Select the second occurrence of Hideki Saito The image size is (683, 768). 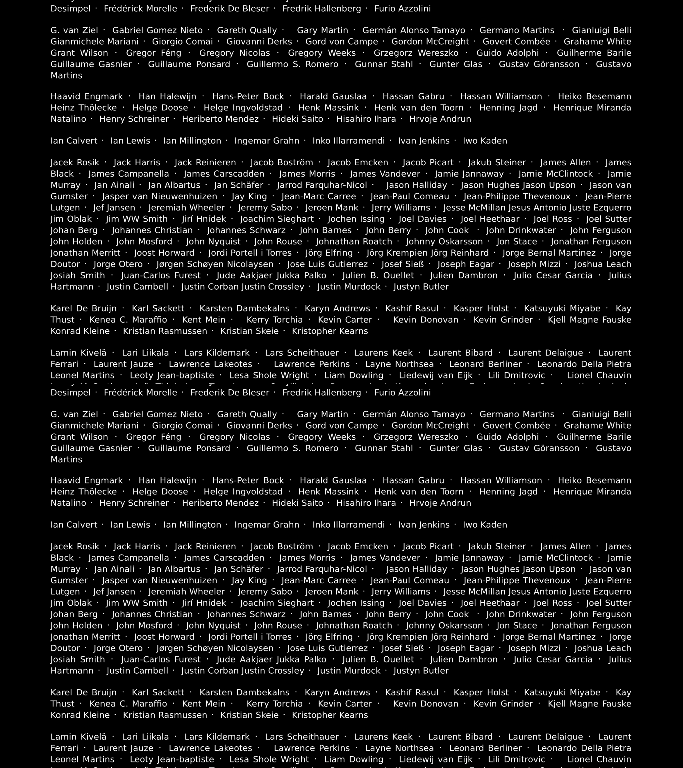297,503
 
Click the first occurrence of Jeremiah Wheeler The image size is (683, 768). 186,208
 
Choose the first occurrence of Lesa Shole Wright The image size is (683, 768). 269,375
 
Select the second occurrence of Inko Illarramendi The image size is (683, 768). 349,525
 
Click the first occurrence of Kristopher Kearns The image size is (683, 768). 330,331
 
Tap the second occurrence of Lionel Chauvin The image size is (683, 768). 599,759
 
